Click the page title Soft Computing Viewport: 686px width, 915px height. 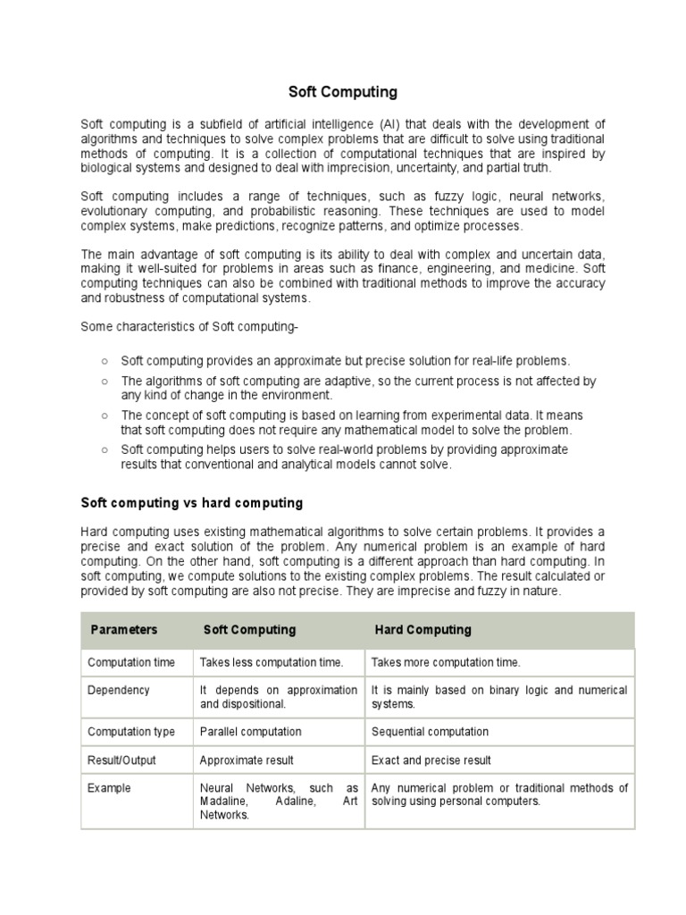342,92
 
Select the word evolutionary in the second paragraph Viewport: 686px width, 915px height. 115,210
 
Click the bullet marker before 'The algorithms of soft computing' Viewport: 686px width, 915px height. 105,381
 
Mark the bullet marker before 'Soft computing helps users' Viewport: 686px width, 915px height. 105,449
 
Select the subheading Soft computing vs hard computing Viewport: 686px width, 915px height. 192,503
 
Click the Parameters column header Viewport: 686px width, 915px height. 123,630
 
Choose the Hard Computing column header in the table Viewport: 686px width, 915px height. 422,630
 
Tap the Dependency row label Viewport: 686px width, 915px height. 118,690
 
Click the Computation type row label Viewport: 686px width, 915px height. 131,732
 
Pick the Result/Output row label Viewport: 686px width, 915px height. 121,760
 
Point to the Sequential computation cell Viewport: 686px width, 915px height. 430,732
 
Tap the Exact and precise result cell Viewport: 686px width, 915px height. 431,760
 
